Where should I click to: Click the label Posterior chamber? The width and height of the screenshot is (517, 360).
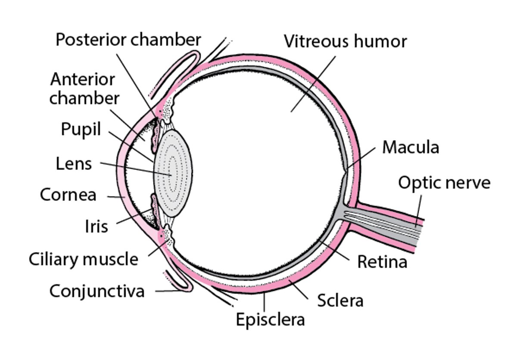(128, 40)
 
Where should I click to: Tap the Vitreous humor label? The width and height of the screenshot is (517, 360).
(345, 42)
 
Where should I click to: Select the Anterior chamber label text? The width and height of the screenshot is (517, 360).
(84, 89)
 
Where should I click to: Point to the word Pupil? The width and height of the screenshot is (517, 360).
(81, 129)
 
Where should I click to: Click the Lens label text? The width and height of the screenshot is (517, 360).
(74, 164)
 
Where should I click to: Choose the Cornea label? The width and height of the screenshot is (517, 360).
(68, 195)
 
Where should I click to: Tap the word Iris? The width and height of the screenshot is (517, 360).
(96, 226)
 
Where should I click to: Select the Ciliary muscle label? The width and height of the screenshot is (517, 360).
(84, 259)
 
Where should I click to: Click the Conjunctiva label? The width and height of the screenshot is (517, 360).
(97, 291)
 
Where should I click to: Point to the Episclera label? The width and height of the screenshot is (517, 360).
(271, 320)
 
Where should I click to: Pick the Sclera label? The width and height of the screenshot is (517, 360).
(340, 301)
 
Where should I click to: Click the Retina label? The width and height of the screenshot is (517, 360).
(382, 261)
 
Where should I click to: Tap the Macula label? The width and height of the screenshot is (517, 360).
(411, 147)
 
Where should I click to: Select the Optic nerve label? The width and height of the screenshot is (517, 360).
(444, 183)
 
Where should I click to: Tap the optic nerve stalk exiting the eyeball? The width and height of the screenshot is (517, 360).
(388, 224)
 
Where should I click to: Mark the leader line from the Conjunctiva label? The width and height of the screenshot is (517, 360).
(168, 291)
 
